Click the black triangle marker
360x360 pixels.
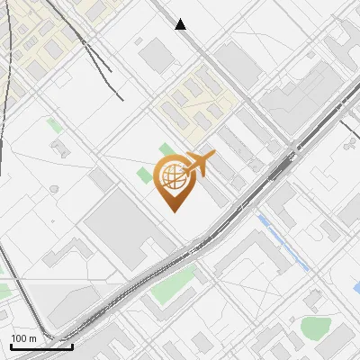point(181,24)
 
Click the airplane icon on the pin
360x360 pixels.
point(200,164)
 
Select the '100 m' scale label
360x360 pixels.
point(22,338)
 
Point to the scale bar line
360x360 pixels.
point(40,346)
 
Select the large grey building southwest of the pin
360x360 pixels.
point(126,229)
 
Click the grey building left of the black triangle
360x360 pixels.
point(156,56)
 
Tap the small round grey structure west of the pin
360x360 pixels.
point(54,189)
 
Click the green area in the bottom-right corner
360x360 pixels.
point(316,328)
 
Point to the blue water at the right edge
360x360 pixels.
point(356,287)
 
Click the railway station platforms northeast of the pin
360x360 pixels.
point(282,167)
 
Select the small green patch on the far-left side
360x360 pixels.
point(55,126)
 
